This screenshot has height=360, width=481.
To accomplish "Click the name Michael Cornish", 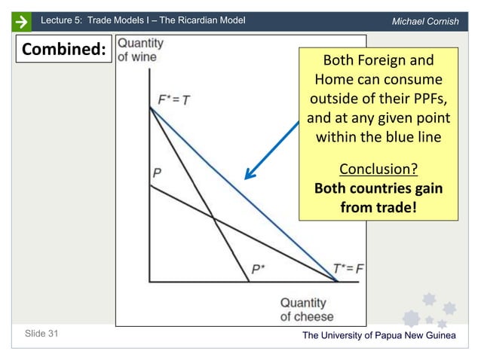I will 425,21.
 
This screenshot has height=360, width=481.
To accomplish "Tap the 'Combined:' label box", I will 63,50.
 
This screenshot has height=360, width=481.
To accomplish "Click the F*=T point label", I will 173,99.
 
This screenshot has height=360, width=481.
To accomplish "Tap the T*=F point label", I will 349,267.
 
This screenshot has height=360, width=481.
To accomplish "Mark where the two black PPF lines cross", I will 214,220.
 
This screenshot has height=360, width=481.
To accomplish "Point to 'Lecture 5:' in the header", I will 62,20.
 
